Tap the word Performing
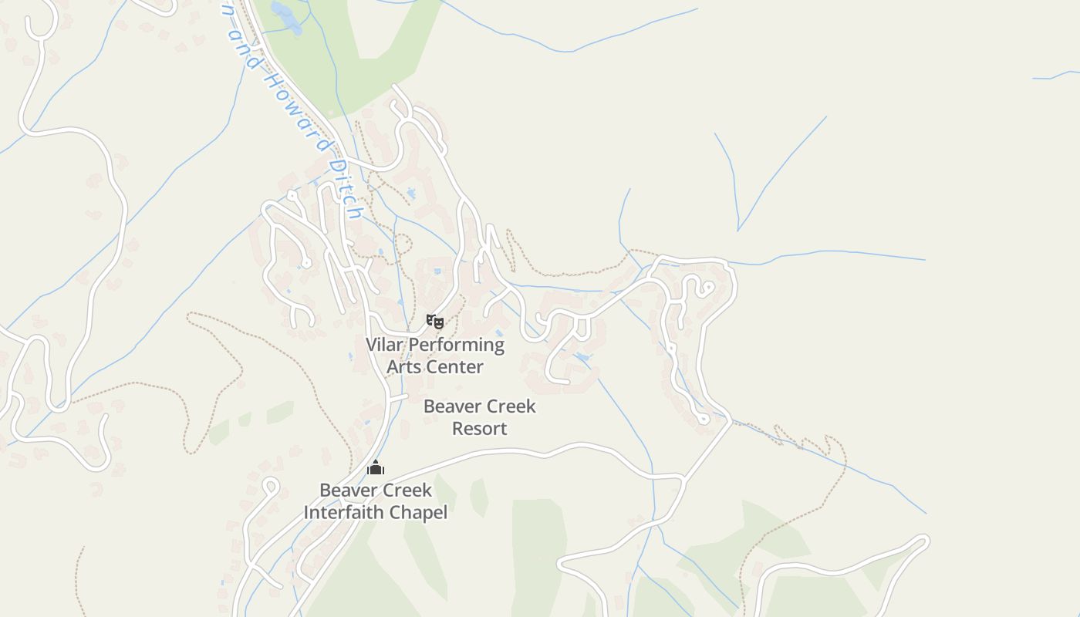pos(456,345)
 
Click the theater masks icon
pos(435,321)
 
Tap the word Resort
pos(479,428)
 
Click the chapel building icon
pos(376,467)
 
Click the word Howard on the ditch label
pos(292,106)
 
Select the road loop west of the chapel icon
pos(270,487)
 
